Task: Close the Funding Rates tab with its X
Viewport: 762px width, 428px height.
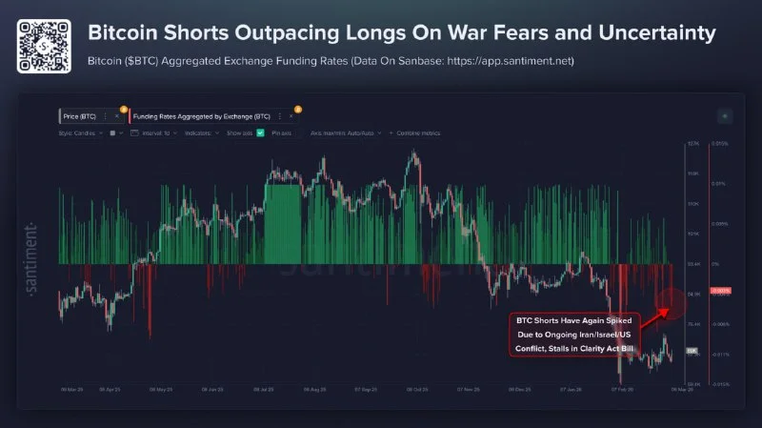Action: click(291, 114)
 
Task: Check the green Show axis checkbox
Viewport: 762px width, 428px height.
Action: click(260, 132)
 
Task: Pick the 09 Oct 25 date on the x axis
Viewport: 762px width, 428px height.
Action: click(415, 389)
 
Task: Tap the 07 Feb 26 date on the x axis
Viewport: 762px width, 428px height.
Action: click(622, 389)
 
